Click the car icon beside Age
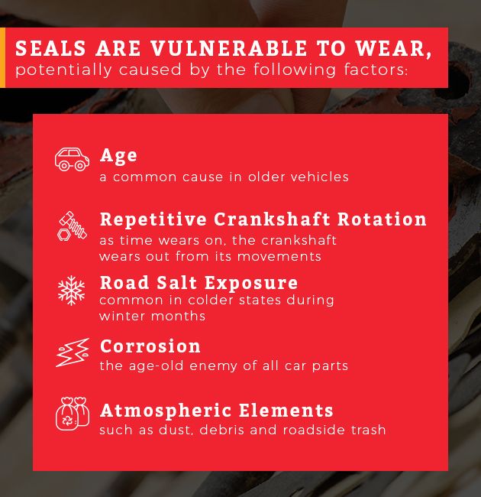(x=72, y=159)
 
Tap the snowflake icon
(x=72, y=290)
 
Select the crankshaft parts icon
(x=72, y=226)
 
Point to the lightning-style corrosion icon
(x=72, y=353)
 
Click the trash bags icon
(x=72, y=414)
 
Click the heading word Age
(x=118, y=155)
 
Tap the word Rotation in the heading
(x=379, y=219)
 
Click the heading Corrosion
(x=150, y=346)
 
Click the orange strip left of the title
(x=2, y=58)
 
